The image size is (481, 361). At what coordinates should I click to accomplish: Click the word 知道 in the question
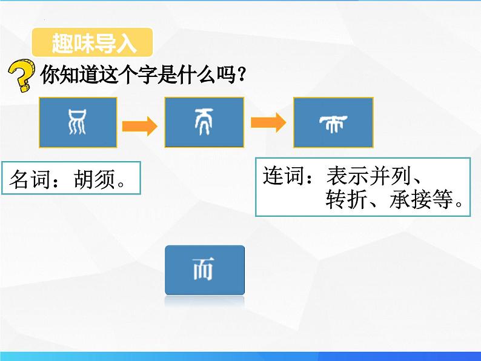[x=70, y=76]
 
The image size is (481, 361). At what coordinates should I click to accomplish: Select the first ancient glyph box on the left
[x=78, y=122]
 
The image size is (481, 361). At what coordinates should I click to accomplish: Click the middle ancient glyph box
[x=204, y=122]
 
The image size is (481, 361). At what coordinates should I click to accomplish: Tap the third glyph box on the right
[x=333, y=122]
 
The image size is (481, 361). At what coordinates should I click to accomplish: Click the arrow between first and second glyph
[x=140, y=126]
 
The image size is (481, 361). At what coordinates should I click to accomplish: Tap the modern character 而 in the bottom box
[x=204, y=270]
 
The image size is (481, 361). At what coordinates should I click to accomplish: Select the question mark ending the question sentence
[x=240, y=76]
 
